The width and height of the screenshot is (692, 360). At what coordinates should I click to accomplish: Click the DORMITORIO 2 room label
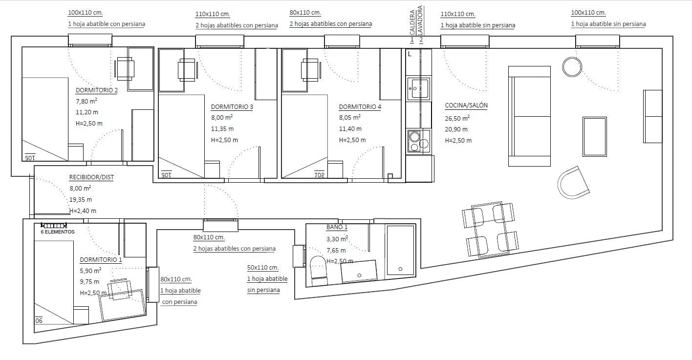tap(97, 90)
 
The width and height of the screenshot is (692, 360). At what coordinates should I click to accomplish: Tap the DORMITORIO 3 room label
tap(232, 107)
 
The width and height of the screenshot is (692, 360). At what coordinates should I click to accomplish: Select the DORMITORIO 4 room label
tap(360, 107)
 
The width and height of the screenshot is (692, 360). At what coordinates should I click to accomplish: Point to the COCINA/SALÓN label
tap(466, 106)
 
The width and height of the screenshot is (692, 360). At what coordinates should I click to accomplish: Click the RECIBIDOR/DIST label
tap(91, 177)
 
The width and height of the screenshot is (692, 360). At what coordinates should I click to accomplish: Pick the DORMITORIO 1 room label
tap(101, 260)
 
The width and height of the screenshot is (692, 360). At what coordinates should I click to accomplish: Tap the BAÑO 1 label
tap(337, 227)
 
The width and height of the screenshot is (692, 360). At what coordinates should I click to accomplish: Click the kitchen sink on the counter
tap(419, 88)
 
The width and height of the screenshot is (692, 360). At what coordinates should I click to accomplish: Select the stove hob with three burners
tap(419, 141)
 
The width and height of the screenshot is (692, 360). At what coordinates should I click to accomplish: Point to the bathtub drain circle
tap(400, 269)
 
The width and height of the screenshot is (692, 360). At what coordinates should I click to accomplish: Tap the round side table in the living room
tap(572, 67)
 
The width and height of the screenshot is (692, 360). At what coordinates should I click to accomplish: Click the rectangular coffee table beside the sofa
tap(595, 137)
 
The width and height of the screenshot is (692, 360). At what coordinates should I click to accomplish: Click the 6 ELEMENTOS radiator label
tap(58, 232)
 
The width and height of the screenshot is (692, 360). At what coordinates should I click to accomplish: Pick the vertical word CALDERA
tap(412, 22)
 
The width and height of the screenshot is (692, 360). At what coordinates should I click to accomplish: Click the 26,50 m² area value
tap(457, 118)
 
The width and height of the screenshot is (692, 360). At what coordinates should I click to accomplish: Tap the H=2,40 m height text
tap(83, 211)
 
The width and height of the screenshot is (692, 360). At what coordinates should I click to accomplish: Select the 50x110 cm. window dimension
tap(263, 268)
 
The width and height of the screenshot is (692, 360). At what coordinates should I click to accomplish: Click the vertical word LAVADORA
tap(420, 21)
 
